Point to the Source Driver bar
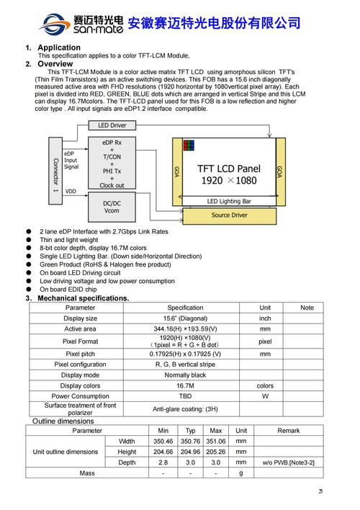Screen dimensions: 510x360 pyautogui.click(x=229, y=215)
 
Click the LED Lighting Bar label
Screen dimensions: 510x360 pyautogui.click(x=229, y=201)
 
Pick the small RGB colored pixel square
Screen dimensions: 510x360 pyautogui.click(x=189, y=145)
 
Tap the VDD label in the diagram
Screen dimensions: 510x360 pyautogui.click(x=71, y=191)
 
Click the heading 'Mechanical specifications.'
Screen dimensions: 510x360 pyautogui.click(x=84, y=298)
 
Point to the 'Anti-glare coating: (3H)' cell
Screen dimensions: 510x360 pyautogui.click(x=186, y=408)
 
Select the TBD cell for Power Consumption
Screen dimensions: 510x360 pyautogui.click(x=186, y=396)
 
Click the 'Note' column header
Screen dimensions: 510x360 pyautogui.click(x=307, y=308)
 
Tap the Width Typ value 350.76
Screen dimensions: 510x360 pyautogui.click(x=191, y=441)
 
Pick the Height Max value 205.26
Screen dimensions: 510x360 pyautogui.click(x=215, y=452)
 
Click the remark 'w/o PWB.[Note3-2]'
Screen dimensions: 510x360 pyautogui.click(x=288, y=462)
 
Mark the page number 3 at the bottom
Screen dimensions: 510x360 pyautogui.click(x=320, y=491)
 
